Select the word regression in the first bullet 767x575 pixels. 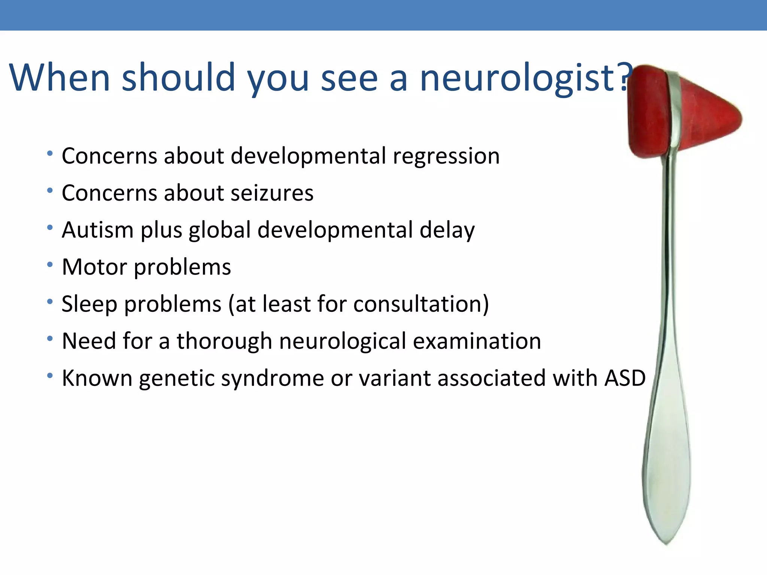[446, 156]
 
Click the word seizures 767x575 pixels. [272, 193]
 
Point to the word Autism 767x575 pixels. [97, 230]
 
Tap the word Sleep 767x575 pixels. [89, 304]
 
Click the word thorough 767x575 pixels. [224, 341]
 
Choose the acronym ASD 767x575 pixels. [625, 378]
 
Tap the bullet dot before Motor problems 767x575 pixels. [50, 265]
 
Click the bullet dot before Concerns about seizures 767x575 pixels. [50, 191]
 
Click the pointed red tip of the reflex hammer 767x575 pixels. [738, 119]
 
